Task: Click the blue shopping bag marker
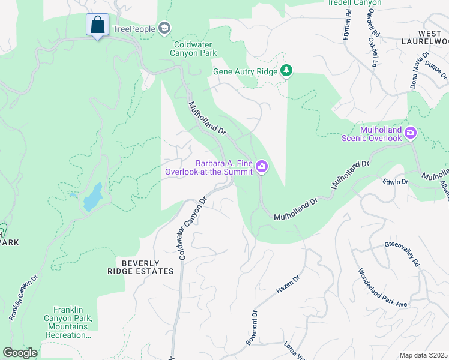[97, 26]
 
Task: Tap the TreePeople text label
[137, 28]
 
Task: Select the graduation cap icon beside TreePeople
[164, 28]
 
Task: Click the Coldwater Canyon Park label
[195, 49]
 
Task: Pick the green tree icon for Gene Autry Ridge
[287, 71]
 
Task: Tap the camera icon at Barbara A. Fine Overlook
[261, 167]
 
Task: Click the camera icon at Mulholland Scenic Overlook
[411, 133]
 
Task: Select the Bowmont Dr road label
[251, 328]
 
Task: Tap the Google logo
[20, 353]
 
